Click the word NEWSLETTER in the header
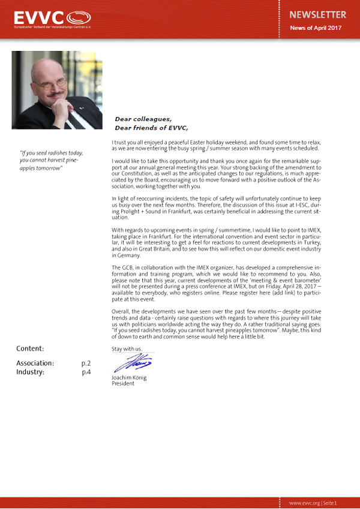pos(317,14)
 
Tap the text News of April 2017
pos(316,28)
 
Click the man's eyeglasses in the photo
pos(53,83)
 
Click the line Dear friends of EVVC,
pos(151,128)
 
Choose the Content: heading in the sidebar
pos(30,349)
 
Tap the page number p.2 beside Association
pos(86,363)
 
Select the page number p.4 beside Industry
pos(86,372)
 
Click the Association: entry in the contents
pos(35,363)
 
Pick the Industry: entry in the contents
pos(30,372)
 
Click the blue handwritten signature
pos(133,363)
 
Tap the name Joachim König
pos(129,378)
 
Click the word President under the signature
pos(123,384)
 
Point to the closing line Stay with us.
pos(127,348)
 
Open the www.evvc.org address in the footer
pos(303,502)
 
